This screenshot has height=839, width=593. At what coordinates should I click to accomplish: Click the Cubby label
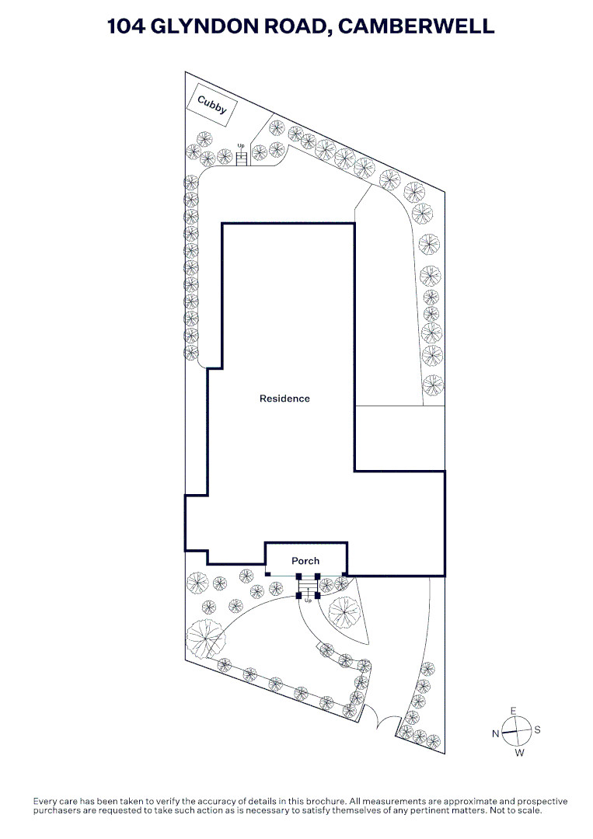click(212, 104)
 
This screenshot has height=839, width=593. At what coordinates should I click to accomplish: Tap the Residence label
click(284, 398)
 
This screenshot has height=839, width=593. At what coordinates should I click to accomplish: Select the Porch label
click(305, 561)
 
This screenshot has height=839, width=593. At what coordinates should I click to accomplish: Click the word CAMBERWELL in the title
click(417, 26)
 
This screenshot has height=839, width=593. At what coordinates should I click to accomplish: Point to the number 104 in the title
click(127, 26)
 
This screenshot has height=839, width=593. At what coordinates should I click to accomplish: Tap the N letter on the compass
click(496, 733)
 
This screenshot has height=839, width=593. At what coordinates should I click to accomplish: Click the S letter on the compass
click(537, 729)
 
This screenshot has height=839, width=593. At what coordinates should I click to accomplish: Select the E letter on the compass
click(513, 711)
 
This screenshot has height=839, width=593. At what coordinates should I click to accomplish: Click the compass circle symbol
click(517, 732)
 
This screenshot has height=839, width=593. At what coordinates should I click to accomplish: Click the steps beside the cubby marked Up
click(242, 158)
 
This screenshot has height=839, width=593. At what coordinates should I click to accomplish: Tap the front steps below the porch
click(308, 591)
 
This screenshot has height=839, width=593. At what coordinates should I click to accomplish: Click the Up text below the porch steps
click(308, 601)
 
